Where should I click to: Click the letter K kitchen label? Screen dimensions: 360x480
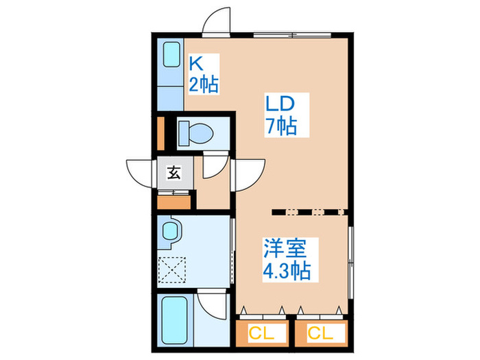point(196,64)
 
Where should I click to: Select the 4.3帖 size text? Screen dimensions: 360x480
point(287,269)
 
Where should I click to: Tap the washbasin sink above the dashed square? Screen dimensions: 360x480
point(171,232)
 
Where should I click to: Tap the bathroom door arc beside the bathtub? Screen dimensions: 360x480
point(213,302)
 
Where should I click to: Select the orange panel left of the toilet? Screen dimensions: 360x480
point(160,134)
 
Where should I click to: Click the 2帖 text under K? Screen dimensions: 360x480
point(204,84)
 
